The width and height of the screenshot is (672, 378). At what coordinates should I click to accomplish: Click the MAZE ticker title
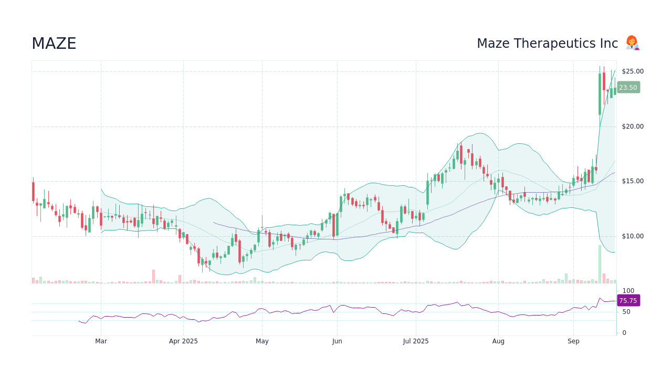54,44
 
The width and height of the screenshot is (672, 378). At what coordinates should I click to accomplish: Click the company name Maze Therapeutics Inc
547,44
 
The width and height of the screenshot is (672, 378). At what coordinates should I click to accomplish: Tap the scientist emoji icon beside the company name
632,43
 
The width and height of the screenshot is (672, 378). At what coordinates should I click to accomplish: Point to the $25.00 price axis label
632,71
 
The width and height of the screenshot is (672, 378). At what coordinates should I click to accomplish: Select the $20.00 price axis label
632,127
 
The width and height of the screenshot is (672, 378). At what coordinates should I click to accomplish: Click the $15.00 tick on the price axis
632,181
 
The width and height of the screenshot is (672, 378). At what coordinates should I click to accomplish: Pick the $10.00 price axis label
632,236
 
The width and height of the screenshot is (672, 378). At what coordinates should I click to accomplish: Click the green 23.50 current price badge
628,88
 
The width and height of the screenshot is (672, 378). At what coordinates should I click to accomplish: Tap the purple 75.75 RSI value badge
628,301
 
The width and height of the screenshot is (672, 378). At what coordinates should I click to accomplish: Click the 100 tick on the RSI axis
628,291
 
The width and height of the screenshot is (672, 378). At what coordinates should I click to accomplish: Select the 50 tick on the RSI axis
626,312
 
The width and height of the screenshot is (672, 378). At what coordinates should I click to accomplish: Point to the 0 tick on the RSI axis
624,333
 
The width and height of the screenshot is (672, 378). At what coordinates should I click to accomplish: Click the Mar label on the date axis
101,341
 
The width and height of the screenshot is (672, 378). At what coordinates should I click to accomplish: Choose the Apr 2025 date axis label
183,341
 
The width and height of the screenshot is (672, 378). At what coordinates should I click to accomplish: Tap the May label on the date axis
262,341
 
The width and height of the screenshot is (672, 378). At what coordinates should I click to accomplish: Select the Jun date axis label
337,341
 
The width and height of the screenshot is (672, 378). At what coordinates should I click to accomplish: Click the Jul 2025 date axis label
416,341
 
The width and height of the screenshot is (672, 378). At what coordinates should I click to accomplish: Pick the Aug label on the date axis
498,341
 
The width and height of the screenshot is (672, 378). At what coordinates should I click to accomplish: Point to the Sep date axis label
573,341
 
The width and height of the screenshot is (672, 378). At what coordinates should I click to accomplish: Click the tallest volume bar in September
600,265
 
